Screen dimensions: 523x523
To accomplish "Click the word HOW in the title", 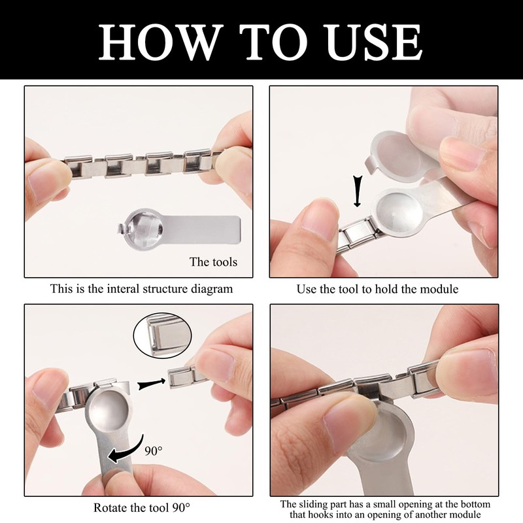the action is pos(161,42).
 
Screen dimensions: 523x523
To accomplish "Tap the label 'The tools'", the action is pos(213,262).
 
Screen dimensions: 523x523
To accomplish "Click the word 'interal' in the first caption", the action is pos(123,288).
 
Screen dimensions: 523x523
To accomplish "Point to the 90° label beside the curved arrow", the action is pos(154,450).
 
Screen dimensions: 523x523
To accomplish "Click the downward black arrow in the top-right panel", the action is pos(357,192).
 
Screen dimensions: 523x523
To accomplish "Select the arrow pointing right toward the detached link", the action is pos(152,383).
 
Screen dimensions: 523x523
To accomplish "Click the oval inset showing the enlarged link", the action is pos(162,335).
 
